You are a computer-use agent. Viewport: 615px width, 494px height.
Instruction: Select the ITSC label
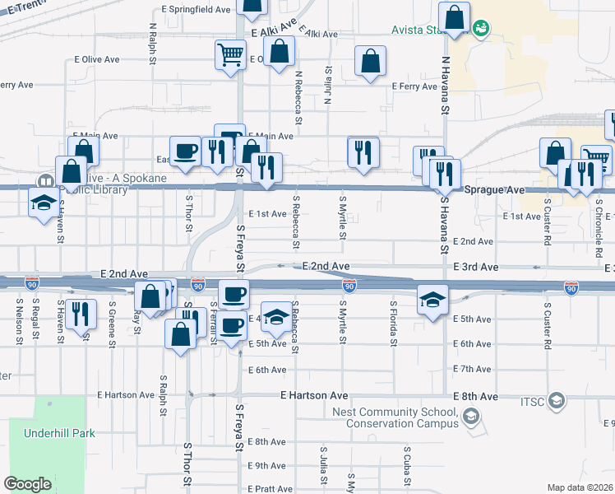pos(530,401)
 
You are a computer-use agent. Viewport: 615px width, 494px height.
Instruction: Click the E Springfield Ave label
pos(196,9)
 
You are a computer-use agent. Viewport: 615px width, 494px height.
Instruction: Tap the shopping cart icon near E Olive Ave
pos(229,54)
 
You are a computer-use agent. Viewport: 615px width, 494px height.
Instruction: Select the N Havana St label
pos(445,86)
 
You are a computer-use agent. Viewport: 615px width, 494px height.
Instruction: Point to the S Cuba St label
pos(407,466)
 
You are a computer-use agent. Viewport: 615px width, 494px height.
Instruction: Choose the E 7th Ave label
pos(473,369)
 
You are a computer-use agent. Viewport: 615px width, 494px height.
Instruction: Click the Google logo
pos(27,483)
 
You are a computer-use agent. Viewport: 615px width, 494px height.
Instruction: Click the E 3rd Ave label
pos(476,268)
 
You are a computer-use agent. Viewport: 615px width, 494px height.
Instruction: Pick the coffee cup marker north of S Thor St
pos(186,151)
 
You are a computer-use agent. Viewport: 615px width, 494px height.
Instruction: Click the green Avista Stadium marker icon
pos(482,29)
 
